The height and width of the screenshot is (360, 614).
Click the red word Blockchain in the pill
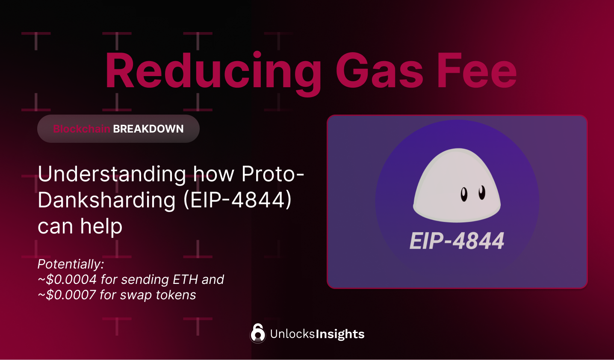(82, 129)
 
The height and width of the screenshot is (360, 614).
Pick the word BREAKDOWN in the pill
(148, 129)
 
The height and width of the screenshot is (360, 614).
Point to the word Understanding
(112, 174)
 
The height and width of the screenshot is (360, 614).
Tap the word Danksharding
(106, 200)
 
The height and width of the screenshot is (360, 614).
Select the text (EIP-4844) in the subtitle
(237, 200)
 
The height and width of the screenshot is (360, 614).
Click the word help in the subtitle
(101, 226)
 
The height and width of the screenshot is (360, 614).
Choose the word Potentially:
(71, 264)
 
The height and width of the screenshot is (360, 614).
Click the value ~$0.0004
(67, 280)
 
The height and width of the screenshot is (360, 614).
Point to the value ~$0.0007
(67, 295)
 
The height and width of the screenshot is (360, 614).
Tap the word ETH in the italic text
(185, 280)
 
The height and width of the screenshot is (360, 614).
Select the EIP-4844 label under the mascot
(457, 241)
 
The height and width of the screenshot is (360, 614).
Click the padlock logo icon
(258, 333)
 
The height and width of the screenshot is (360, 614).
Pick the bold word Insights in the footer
(340, 334)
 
